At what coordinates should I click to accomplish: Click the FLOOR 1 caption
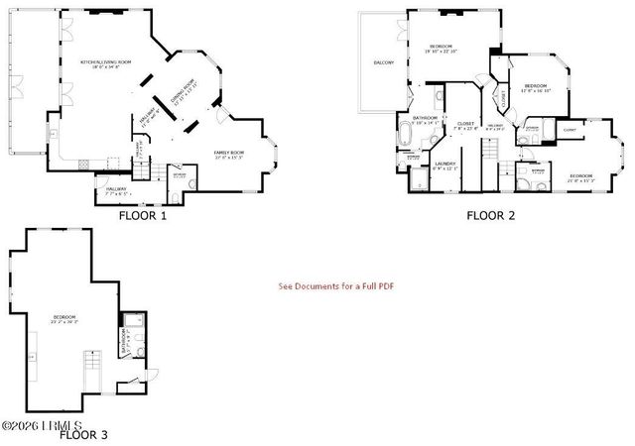143,213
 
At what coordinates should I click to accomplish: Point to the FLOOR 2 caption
491,213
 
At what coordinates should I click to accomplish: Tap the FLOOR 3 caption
83,434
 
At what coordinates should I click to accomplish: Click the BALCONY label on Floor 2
384,62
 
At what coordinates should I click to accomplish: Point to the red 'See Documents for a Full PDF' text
336,286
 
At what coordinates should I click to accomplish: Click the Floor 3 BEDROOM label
65,318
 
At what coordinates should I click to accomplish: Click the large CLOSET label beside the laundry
465,125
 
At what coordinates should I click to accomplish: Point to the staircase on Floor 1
146,170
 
